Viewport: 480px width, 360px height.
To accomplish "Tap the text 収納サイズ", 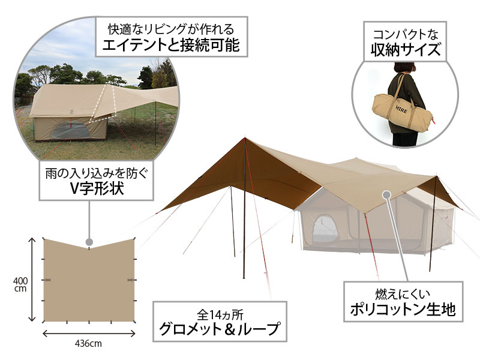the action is click(406, 49).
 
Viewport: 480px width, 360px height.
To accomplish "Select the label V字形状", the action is click(97, 188).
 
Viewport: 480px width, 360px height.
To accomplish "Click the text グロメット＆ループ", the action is click(219, 329).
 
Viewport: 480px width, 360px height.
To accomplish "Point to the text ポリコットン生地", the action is click(403, 309).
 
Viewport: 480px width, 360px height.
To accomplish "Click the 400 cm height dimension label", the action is click(20, 284).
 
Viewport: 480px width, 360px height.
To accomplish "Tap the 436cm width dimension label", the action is click(88, 343).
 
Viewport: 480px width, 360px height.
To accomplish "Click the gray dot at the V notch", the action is click(89, 242).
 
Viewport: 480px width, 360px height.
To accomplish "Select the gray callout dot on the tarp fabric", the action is click(386, 194).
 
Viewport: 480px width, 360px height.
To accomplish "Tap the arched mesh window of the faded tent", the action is click(325, 230).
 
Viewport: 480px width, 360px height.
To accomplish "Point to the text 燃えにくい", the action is click(403, 294).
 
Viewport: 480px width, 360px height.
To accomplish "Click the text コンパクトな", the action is click(406, 34).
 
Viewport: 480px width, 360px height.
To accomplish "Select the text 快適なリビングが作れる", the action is click(171, 29).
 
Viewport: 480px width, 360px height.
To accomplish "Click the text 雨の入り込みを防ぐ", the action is click(97, 173).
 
